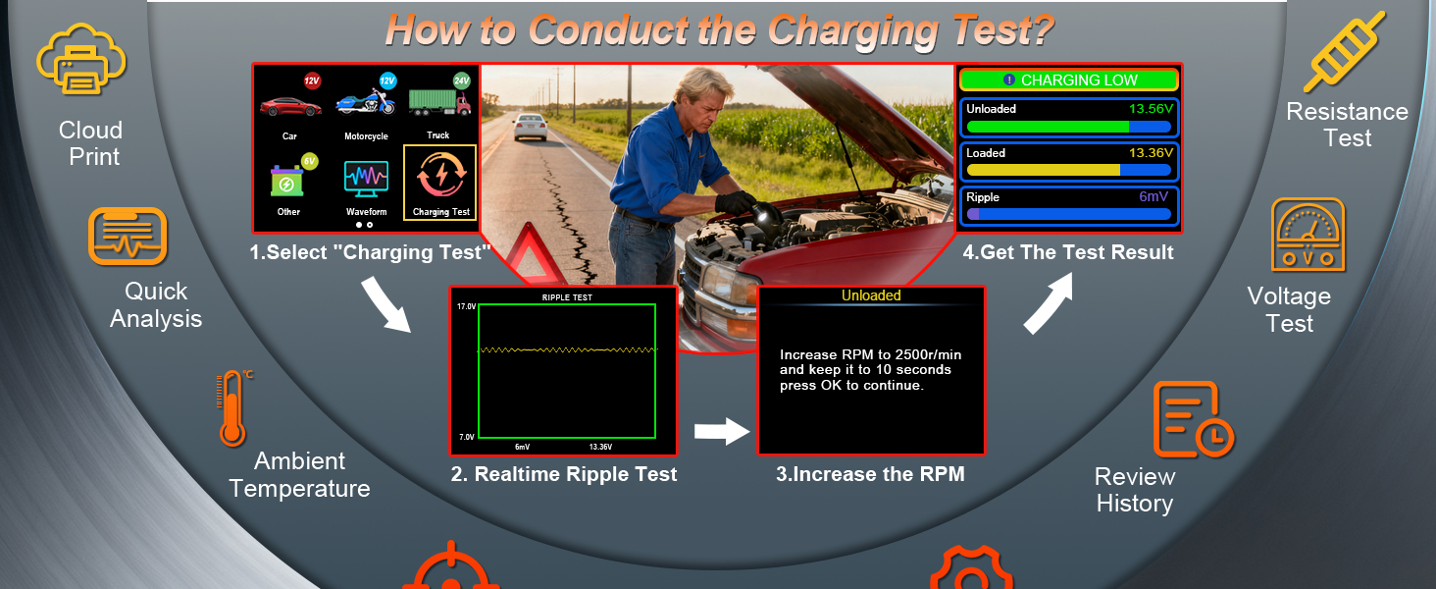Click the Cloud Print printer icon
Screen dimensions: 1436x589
tap(81, 61)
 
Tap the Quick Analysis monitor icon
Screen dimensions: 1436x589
tap(128, 236)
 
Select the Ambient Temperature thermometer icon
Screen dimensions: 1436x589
tap(233, 408)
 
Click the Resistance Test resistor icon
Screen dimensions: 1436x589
tap(1344, 51)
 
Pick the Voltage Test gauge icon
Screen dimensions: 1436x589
tap(1308, 235)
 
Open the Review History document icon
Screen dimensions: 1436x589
tap(1193, 419)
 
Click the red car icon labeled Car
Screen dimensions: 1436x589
tap(289, 106)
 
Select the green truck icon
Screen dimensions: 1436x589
tap(439, 102)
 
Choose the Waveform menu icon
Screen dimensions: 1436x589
tap(366, 179)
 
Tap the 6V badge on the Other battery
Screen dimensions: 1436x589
tap(310, 161)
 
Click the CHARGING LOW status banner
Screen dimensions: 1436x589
tap(1069, 80)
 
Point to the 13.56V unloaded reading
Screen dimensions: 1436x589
tap(1151, 108)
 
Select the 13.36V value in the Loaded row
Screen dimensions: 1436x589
tap(1151, 153)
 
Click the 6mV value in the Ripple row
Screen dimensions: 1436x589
tap(1154, 196)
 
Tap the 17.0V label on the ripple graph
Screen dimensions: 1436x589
tap(466, 306)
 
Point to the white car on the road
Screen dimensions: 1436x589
tap(531, 127)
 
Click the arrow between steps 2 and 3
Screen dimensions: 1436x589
tap(722, 431)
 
